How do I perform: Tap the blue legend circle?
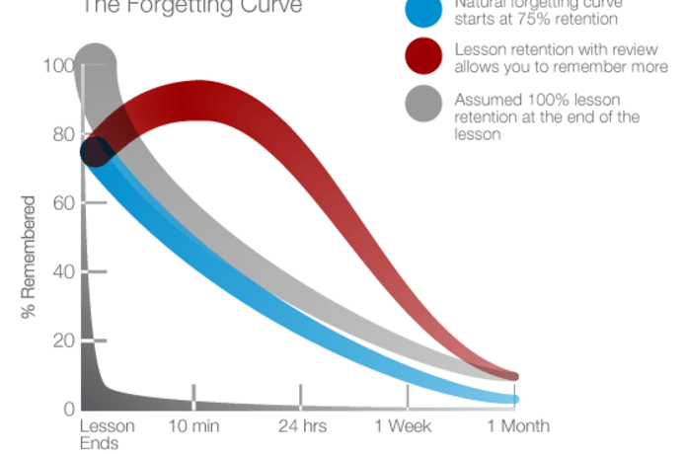[424, 10]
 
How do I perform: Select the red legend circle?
[424, 57]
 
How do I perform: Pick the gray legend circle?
[424, 105]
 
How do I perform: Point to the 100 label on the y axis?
[59, 67]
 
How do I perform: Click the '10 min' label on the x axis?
[192, 425]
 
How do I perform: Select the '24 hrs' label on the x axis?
[300, 425]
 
